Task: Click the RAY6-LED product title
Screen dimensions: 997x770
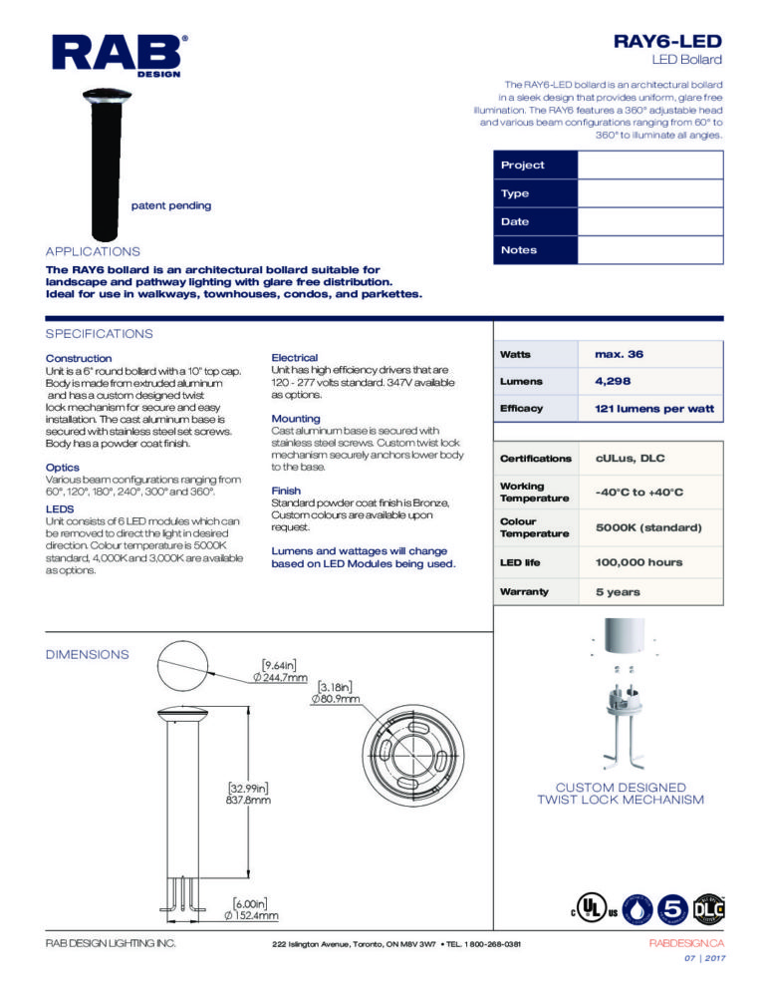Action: tap(666, 41)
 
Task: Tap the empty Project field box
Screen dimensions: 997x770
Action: tap(650, 165)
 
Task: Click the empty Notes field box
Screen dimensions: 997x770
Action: tap(650, 249)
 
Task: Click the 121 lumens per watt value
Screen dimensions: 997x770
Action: tap(653, 409)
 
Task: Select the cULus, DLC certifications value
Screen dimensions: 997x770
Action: tap(630, 458)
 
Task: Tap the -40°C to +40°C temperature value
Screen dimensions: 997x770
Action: tap(639, 492)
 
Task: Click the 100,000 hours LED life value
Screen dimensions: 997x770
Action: tap(639, 562)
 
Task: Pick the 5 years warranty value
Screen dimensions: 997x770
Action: tap(618, 591)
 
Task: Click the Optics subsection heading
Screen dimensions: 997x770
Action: tap(63, 467)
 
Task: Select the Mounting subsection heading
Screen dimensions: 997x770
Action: tap(296, 418)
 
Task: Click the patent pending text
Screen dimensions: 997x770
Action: tap(171, 205)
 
